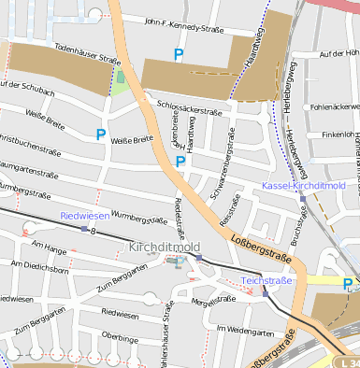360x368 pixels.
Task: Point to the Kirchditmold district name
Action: pyautogui.click(x=165, y=247)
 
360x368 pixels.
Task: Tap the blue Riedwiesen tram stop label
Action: pyautogui.click(x=84, y=216)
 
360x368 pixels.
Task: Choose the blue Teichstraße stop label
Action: pyautogui.click(x=266, y=280)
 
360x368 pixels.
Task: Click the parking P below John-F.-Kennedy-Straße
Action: pyautogui.click(x=179, y=55)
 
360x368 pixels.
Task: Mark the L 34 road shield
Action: pyautogui.click(x=348, y=361)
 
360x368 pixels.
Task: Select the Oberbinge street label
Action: pyautogui.click(x=121, y=335)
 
